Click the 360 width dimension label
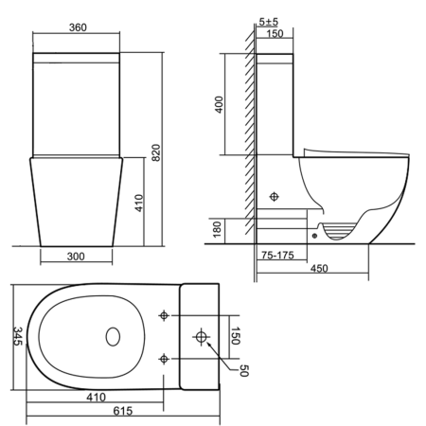click(x=78, y=27)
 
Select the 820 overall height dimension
click(x=156, y=152)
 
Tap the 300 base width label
click(x=76, y=257)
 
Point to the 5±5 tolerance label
click(x=269, y=22)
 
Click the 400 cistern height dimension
click(x=219, y=104)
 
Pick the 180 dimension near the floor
click(x=217, y=229)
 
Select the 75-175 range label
click(x=277, y=255)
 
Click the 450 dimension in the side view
click(x=319, y=269)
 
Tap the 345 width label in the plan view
click(x=18, y=336)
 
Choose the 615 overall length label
click(x=123, y=411)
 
